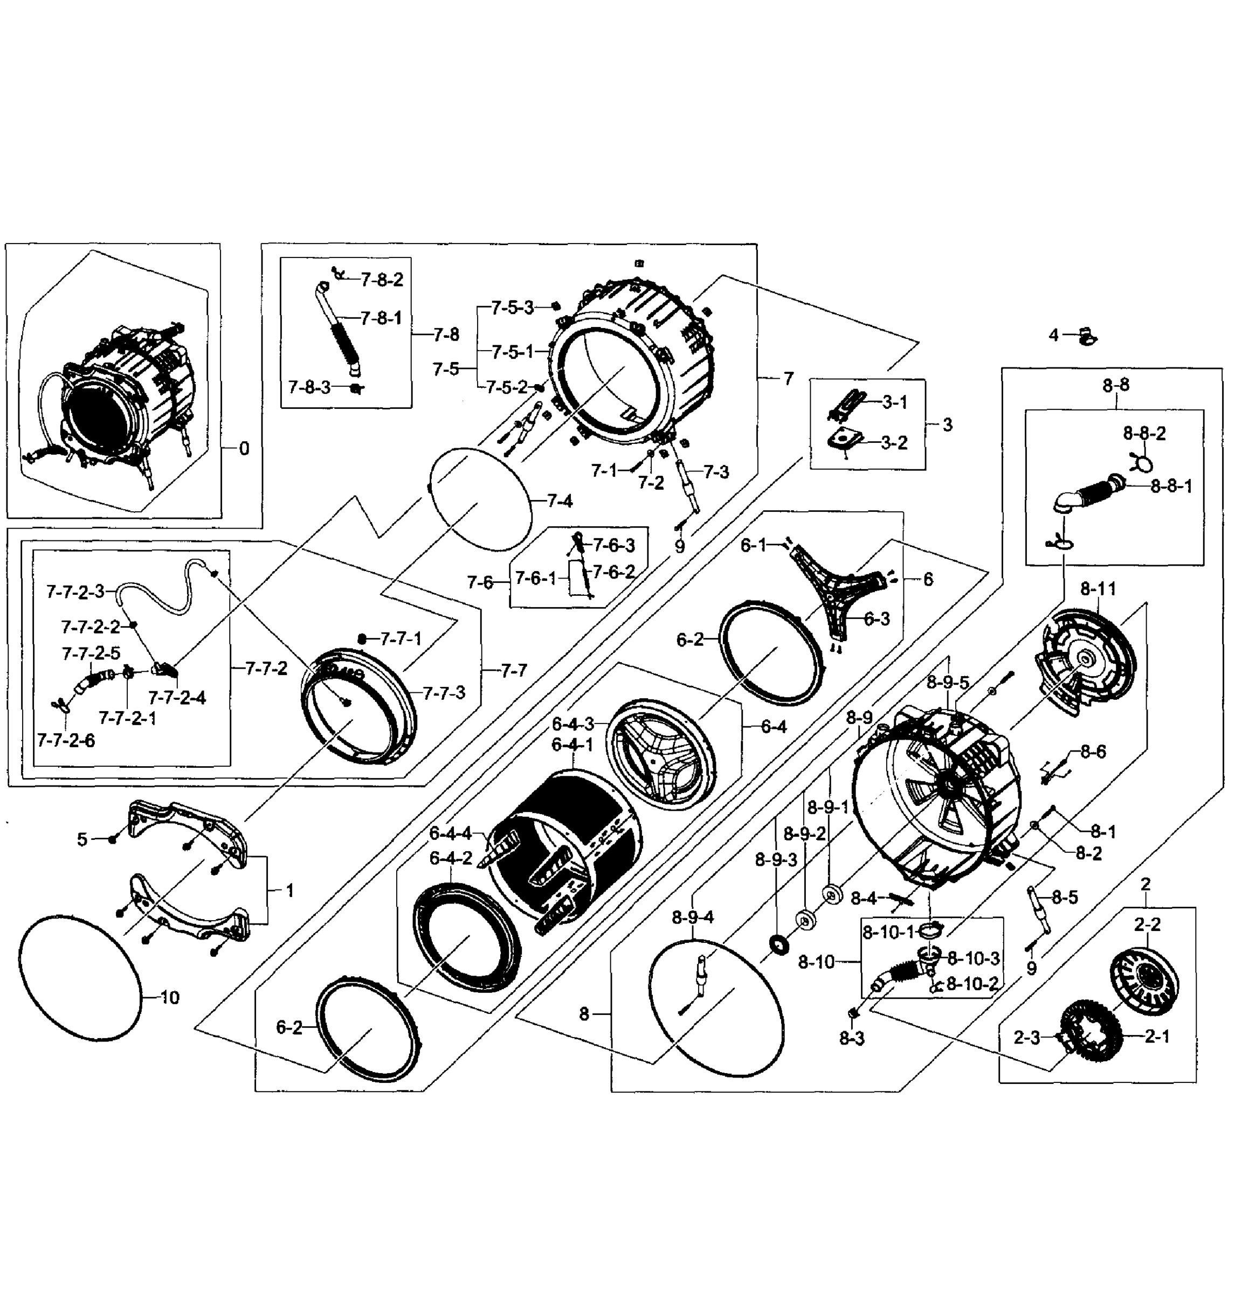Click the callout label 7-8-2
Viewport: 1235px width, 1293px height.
pyautogui.click(x=381, y=280)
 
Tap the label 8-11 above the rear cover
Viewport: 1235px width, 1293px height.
pyautogui.click(x=1098, y=589)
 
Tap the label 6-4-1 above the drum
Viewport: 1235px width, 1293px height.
pyautogui.click(x=572, y=745)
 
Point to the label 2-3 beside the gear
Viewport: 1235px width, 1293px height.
pyautogui.click(x=1026, y=1038)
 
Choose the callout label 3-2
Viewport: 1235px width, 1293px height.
pyautogui.click(x=894, y=443)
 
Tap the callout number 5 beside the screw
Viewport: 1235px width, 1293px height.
pyautogui.click(x=81, y=839)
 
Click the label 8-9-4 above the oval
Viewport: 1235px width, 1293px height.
pyautogui.click(x=693, y=916)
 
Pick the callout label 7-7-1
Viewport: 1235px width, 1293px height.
pyautogui.click(x=400, y=638)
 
